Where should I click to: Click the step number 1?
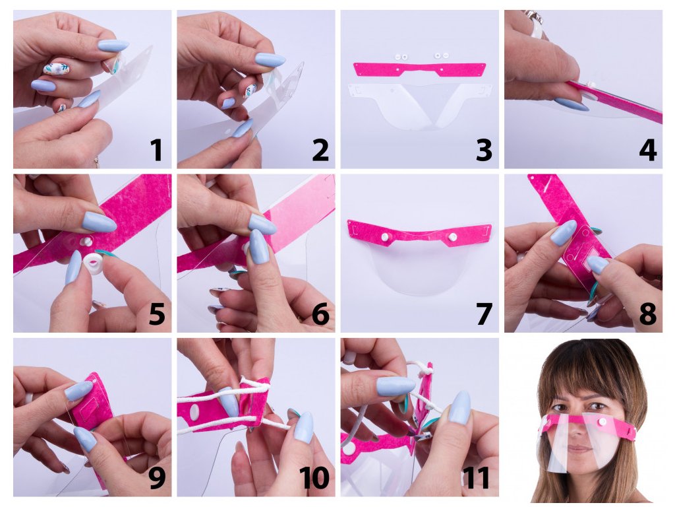tap(156, 150)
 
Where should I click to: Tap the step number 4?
tap(647, 150)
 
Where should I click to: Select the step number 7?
tap(484, 314)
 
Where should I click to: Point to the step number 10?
tap(314, 477)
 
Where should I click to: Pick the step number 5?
tap(157, 314)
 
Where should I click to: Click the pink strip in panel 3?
tap(420, 69)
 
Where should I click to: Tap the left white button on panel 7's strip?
tap(384, 237)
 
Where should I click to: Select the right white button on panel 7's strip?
tap(452, 237)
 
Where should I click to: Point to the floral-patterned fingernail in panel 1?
tap(56, 69)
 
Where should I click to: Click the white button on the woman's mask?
tap(602, 421)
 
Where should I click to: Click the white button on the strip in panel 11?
tap(349, 452)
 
